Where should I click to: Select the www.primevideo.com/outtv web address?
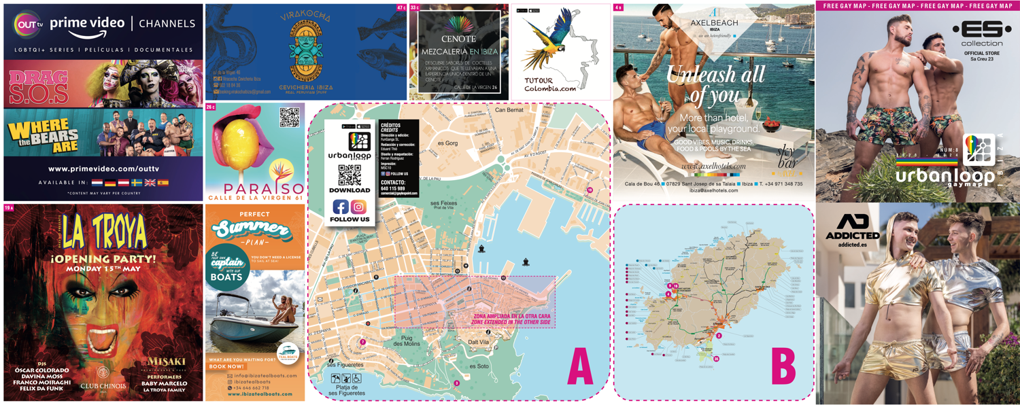[103, 169]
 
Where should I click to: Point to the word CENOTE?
[458, 39]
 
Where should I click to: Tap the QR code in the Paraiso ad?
[289, 118]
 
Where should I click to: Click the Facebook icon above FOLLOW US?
[341, 207]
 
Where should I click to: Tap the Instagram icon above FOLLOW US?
[358, 207]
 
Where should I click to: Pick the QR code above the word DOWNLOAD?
[350, 176]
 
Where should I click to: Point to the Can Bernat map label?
[509, 110]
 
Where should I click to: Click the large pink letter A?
[579, 368]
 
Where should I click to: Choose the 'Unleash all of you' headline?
[715, 84]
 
